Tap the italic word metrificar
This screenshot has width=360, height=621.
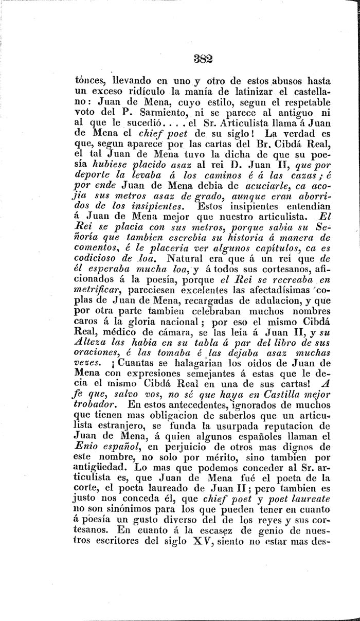[90, 299]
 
